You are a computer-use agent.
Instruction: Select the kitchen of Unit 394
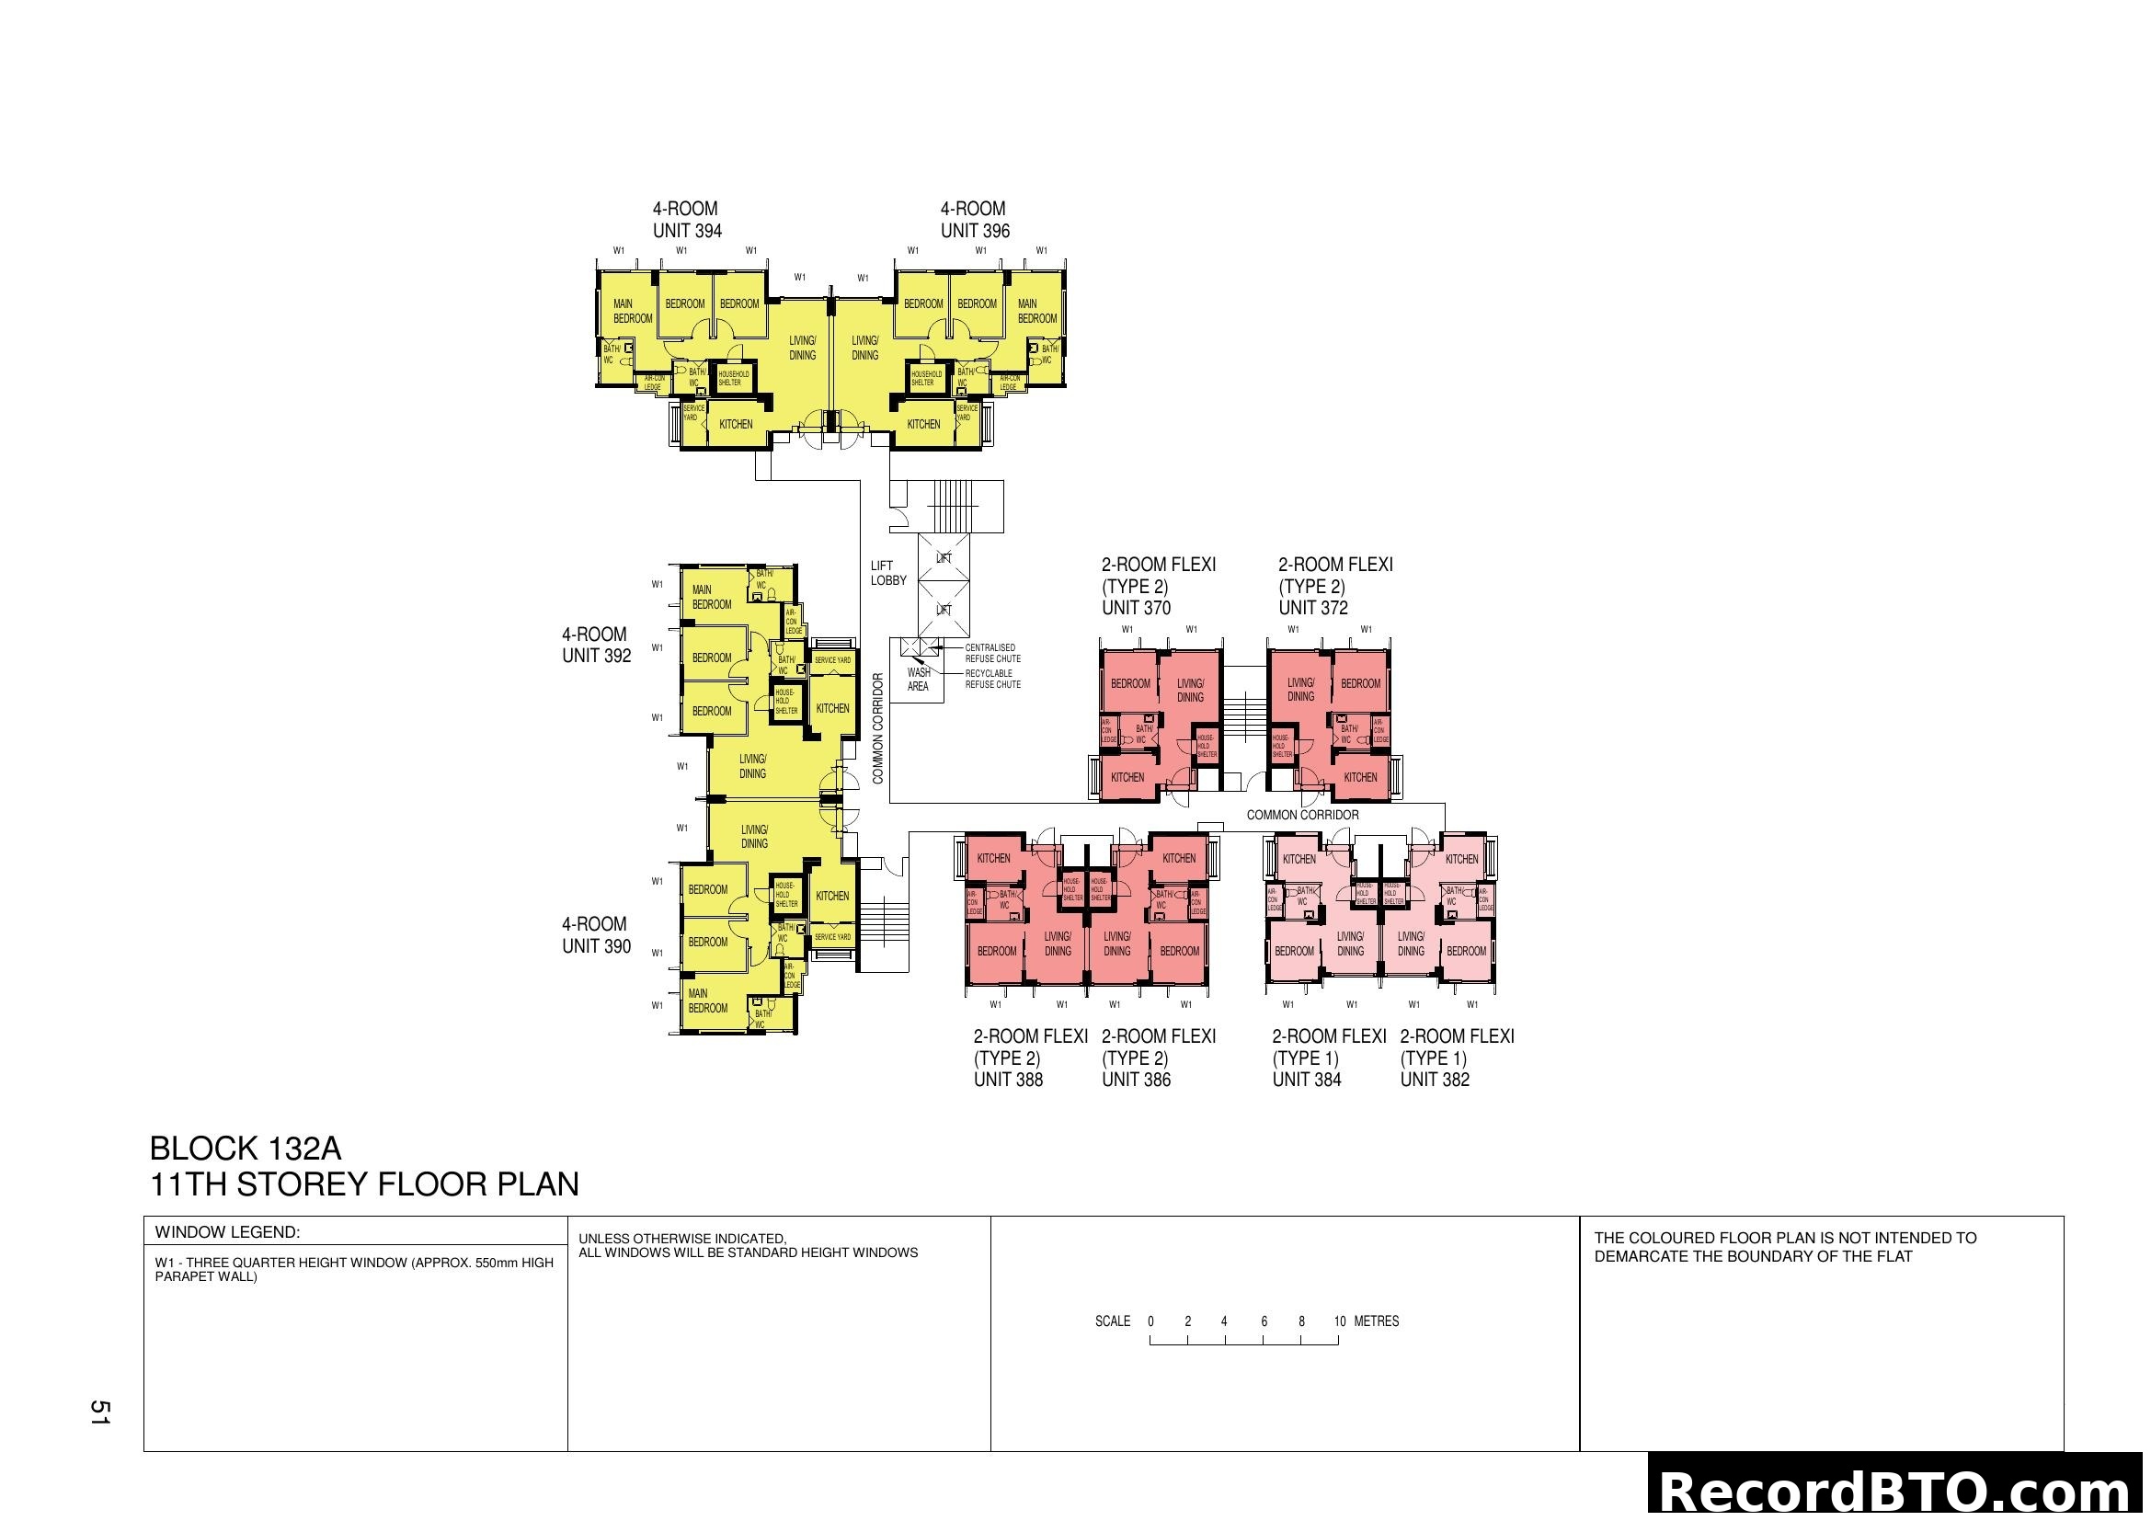tap(736, 424)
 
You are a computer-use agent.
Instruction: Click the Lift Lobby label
tap(887, 573)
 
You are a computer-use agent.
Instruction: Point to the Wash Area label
tap(918, 679)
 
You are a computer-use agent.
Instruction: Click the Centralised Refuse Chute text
tap(992, 653)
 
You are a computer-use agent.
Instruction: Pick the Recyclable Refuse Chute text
tap(992, 679)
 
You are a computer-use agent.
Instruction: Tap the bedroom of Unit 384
tap(1294, 952)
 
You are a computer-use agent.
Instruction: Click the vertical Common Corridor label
tap(878, 728)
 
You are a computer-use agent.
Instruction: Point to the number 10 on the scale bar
tap(1340, 1321)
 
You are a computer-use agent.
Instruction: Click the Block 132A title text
tap(246, 1149)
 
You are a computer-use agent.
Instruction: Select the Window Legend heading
tap(227, 1232)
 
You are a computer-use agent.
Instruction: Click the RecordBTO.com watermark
tap(1898, 1492)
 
